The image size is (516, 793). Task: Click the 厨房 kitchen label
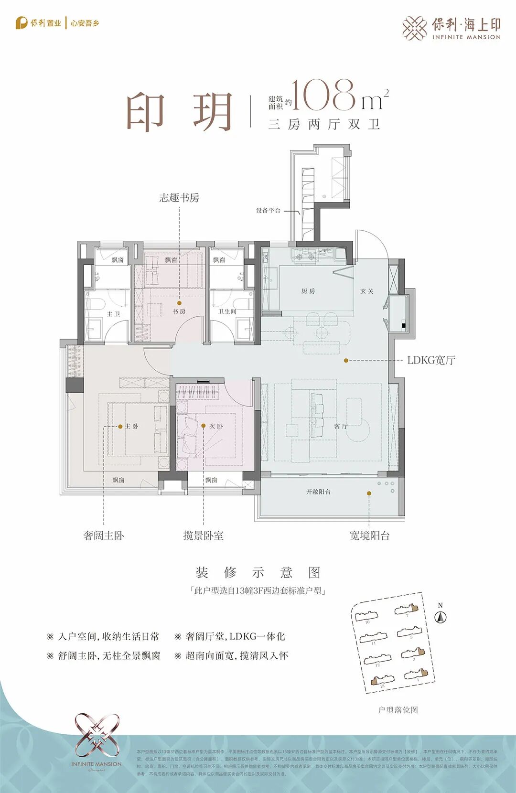(308, 291)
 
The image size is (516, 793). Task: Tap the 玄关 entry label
(366, 291)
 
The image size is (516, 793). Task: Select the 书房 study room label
(179, 311)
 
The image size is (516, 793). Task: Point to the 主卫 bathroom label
(113, 314)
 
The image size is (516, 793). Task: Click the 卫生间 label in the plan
(227, 311)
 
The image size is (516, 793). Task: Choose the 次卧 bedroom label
(216, 426)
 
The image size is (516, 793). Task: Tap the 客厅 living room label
(341, 426)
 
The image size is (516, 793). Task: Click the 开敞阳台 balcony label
(318, 492)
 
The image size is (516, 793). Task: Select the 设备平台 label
(268, 210)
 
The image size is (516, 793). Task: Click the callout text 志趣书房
(179, 198)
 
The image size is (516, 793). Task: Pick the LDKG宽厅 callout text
(431, 360)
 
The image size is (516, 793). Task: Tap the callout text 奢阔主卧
(104, 536)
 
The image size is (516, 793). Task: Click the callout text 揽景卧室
(204, 536)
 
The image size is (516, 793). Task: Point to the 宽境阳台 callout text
(369, 536)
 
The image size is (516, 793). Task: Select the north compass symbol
(440, 617)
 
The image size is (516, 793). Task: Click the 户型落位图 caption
(398, 710)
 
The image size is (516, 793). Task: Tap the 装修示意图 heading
(258, 572)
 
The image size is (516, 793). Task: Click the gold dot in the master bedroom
(120, 427)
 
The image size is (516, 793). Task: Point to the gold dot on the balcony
(369, 493)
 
